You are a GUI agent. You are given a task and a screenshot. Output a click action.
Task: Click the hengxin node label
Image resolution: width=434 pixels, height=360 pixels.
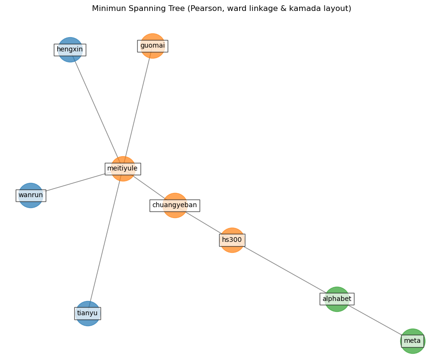pos(70,50)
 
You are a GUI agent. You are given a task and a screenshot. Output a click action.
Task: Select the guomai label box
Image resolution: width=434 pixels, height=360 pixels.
pos(152,46)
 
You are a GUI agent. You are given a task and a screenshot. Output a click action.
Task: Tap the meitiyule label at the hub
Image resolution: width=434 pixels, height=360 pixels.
pos(122,169)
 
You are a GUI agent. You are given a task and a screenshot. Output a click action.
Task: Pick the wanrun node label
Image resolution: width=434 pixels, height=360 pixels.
pos(30,195)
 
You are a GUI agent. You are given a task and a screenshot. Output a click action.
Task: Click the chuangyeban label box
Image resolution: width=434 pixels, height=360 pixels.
pos(174,205)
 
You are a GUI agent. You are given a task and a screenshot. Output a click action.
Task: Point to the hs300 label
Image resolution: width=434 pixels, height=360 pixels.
pos(232,240)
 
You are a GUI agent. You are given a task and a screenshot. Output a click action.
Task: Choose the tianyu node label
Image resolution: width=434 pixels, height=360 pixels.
pos(88,313)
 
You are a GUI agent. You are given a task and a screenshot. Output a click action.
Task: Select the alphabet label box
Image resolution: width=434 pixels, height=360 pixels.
pos(337,299)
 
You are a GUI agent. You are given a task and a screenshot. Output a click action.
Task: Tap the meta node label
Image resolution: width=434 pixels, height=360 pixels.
pos(413,341)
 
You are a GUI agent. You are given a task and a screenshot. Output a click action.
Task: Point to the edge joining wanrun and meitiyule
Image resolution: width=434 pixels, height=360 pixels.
pos(76,182)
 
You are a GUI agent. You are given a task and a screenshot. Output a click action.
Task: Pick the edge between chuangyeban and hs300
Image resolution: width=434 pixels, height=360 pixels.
pos(203,223)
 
